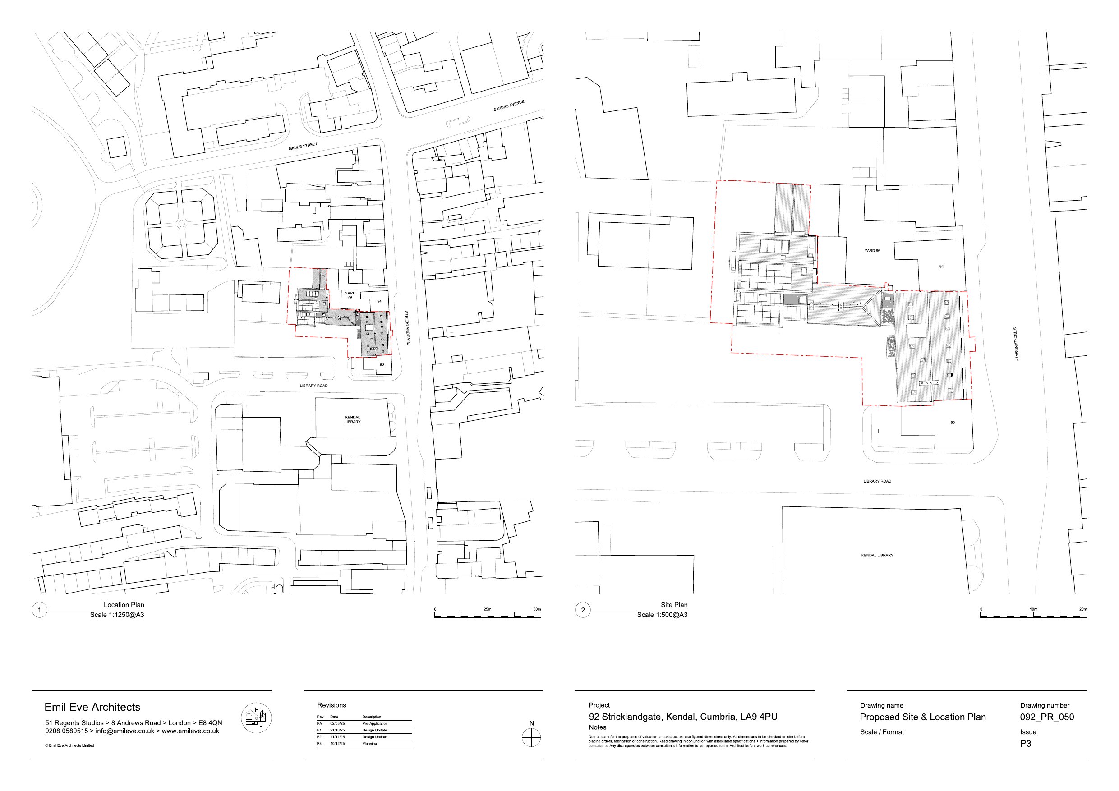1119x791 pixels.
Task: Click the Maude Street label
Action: point(303,146)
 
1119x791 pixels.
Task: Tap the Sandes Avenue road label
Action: point(508,106)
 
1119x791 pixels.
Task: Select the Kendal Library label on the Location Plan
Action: point(352,419)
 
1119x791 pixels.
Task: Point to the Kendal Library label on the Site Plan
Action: point(877,555)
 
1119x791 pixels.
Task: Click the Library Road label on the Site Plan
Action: point(877,481)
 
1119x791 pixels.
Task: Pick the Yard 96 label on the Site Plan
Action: point(872,250)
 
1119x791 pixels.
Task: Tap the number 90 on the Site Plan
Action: point(952,423)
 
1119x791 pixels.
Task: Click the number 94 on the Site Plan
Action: point(941,267)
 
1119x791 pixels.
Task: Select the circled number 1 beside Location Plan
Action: point(40,610)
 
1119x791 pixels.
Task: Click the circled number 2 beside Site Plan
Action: point(583,610)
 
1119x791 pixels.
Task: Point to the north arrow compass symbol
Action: point(531,737)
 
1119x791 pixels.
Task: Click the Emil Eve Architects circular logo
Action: point(256,718)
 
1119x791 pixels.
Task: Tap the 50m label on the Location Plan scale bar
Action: point(537,609)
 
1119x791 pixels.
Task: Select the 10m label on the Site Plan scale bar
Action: point(1033,609)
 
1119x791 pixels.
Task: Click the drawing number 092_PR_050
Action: point(1047,717)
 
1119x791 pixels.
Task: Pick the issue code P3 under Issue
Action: point(1026,743)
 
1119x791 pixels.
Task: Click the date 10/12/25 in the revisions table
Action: point(337,744)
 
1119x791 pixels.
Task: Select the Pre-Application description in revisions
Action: point(375,724)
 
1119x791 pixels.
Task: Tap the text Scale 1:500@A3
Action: point(662,615)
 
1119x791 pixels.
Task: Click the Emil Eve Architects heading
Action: point(92,707)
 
